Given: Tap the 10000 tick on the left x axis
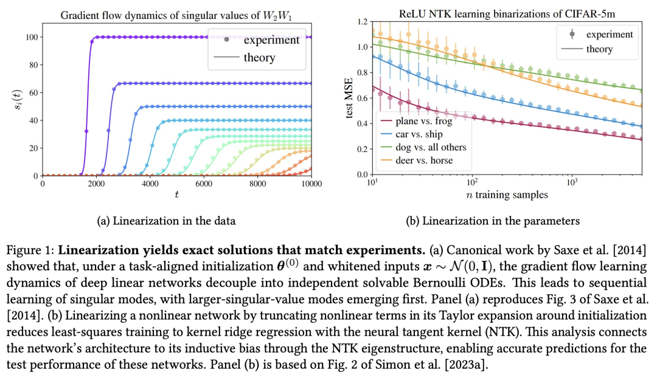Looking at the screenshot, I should pyautogui.click(x=311, y=184).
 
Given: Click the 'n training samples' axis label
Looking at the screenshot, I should pyautogui.click(x=502, y=195).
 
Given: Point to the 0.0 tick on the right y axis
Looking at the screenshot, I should pyautogui.click(x=362, y=175).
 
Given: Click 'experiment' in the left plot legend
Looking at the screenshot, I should pyautogui.click(x=271, y=40).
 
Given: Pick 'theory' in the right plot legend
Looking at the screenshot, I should pyautogui.click(x=599, y=49).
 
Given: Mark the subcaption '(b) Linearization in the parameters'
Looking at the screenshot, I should pyautogui.click(x=493, y=221).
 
